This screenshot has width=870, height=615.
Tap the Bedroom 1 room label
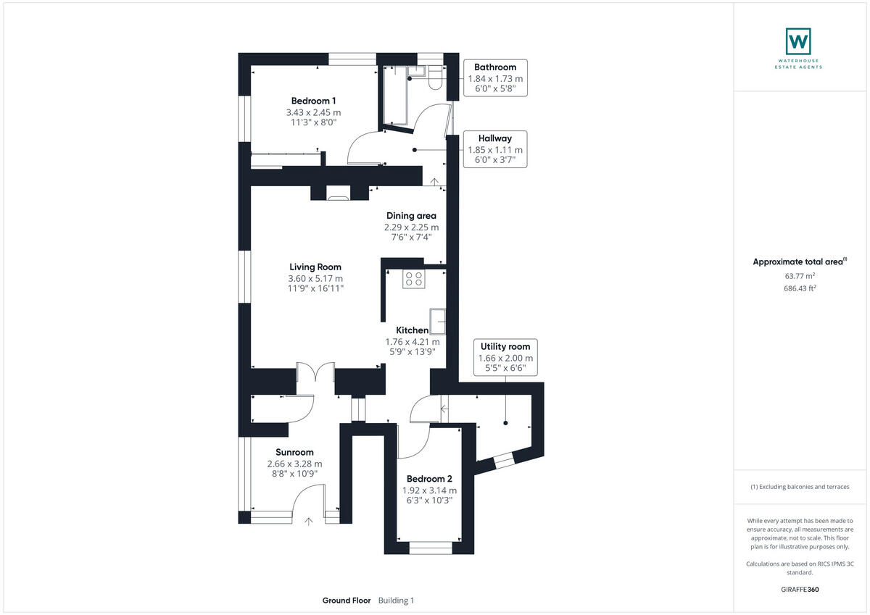point(313,101)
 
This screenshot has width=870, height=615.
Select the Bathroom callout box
point(495,78)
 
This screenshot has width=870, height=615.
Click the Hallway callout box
point(495,149)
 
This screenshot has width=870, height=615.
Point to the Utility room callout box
point(505,358)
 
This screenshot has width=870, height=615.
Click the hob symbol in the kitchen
point(413,279)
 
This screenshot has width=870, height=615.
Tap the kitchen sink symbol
point(438,319)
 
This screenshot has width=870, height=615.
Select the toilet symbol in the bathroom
point(434,78)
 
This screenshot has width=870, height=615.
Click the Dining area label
point(410,215)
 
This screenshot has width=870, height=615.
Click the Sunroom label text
point(294,452)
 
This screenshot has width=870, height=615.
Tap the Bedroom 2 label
point(429,479)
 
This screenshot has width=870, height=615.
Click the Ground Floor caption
point(347,601)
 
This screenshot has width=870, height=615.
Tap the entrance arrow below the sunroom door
point(310,519)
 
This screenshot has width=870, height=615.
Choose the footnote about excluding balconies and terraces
point(800,487)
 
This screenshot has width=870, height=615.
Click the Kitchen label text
point(412,330)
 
